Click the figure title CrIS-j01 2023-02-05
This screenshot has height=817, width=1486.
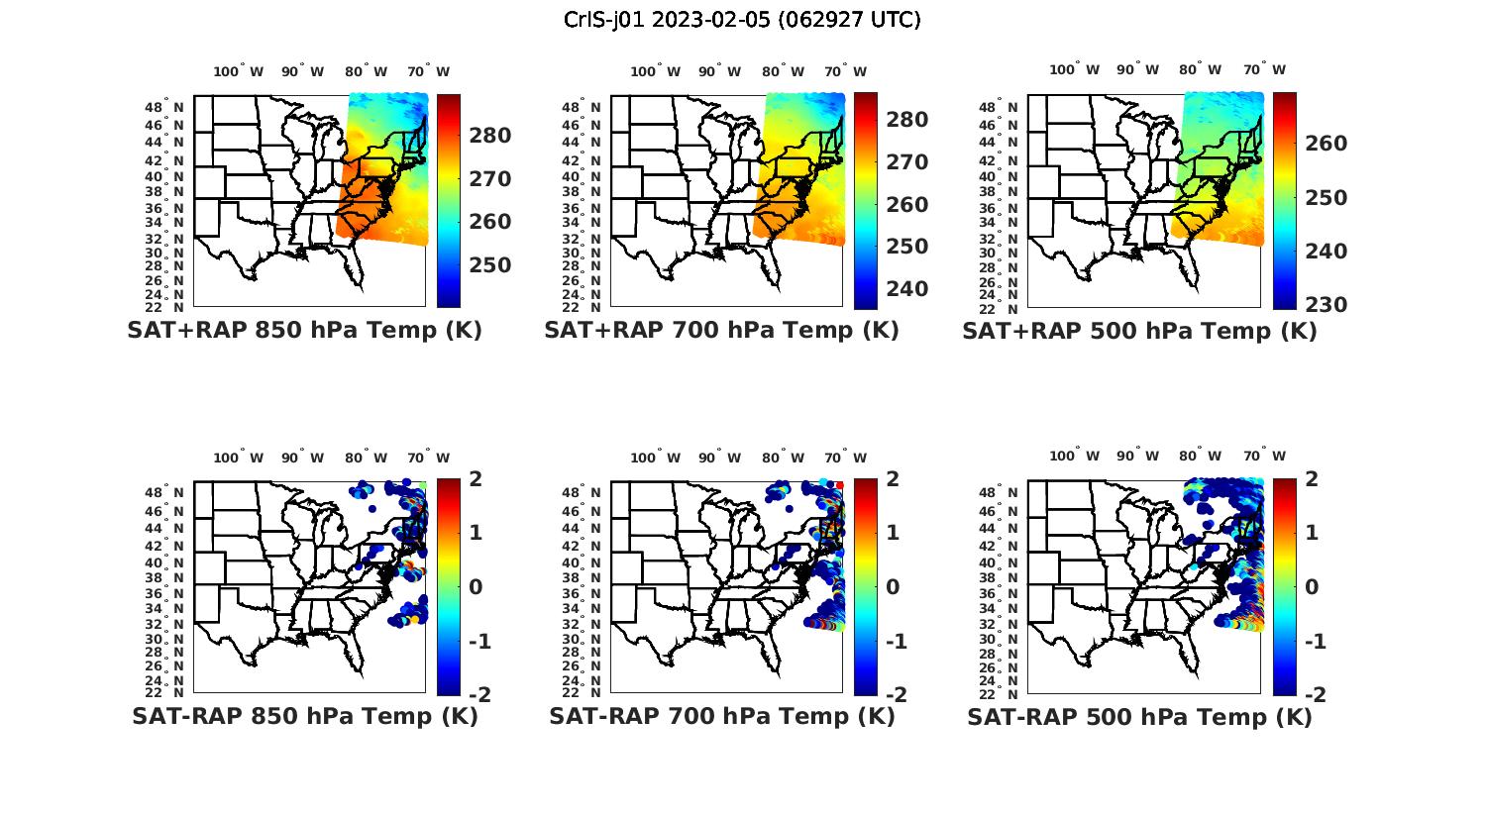coord(742,20)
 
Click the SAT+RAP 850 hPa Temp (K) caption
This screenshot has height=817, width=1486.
coord(304,331)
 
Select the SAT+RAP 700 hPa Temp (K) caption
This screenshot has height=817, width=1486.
coord(721,331)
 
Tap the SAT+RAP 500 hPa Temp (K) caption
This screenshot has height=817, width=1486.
coord(1139,332)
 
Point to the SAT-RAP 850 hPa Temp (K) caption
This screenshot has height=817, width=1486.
coord(304,716)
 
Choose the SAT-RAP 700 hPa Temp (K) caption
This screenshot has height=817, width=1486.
coord(721,716)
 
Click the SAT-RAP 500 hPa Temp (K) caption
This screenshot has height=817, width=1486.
coord(1139,717)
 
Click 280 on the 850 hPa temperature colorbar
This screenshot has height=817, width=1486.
coord(489,136)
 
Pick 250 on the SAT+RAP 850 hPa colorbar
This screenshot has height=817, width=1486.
coord(489,265)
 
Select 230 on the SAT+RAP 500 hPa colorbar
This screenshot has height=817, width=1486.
coord(1326,305)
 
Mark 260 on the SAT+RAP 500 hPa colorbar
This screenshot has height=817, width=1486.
coord(1326,144)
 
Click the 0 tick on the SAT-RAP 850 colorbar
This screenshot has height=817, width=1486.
coord(475,586)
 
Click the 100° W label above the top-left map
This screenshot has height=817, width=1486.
coord(239,71)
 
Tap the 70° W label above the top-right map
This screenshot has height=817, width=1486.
coord(1264,69)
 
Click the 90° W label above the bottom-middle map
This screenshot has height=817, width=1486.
coord(719,458)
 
